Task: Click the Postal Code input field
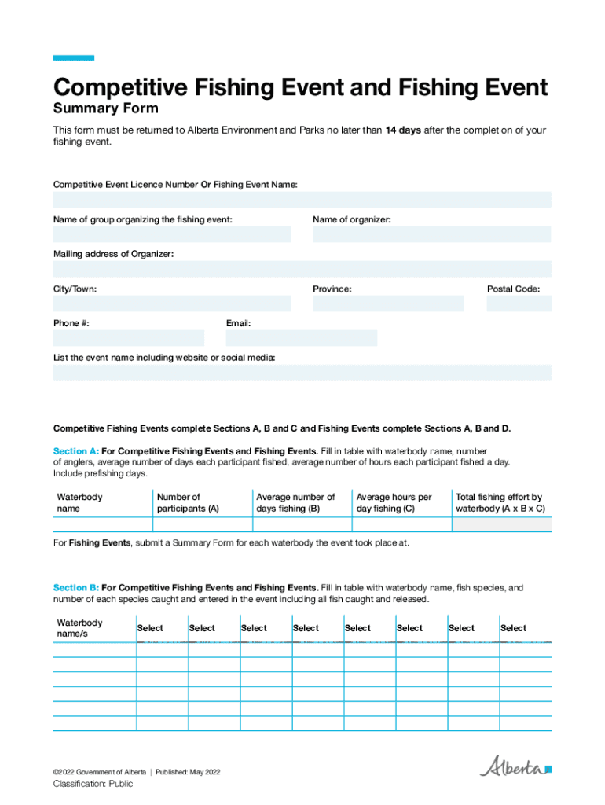(x=519, y=303)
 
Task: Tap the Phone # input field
(x=128, y=338)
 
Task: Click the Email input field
(x=301, y=338)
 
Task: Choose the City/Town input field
(x=171, y=303)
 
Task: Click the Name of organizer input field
(x=431, y=234)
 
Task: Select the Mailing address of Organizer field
(x=302, y=269)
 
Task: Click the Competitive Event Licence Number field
(x=302, y=200)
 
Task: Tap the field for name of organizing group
(x=171, y=234)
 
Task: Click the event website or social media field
(x=302, y=373)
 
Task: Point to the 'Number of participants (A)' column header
(x=188, y=502)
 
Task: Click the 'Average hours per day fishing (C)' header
(x=394, y=502)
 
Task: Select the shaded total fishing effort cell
(x=501, y=524)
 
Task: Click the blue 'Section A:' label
(x=75, y=451)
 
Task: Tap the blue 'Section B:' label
(x=75, y=588)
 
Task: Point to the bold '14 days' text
(x=403, y=130)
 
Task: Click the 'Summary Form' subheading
(x=105, y=108)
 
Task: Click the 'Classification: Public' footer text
(x=93, y=784)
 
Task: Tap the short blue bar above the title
(x=73, y=57)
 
